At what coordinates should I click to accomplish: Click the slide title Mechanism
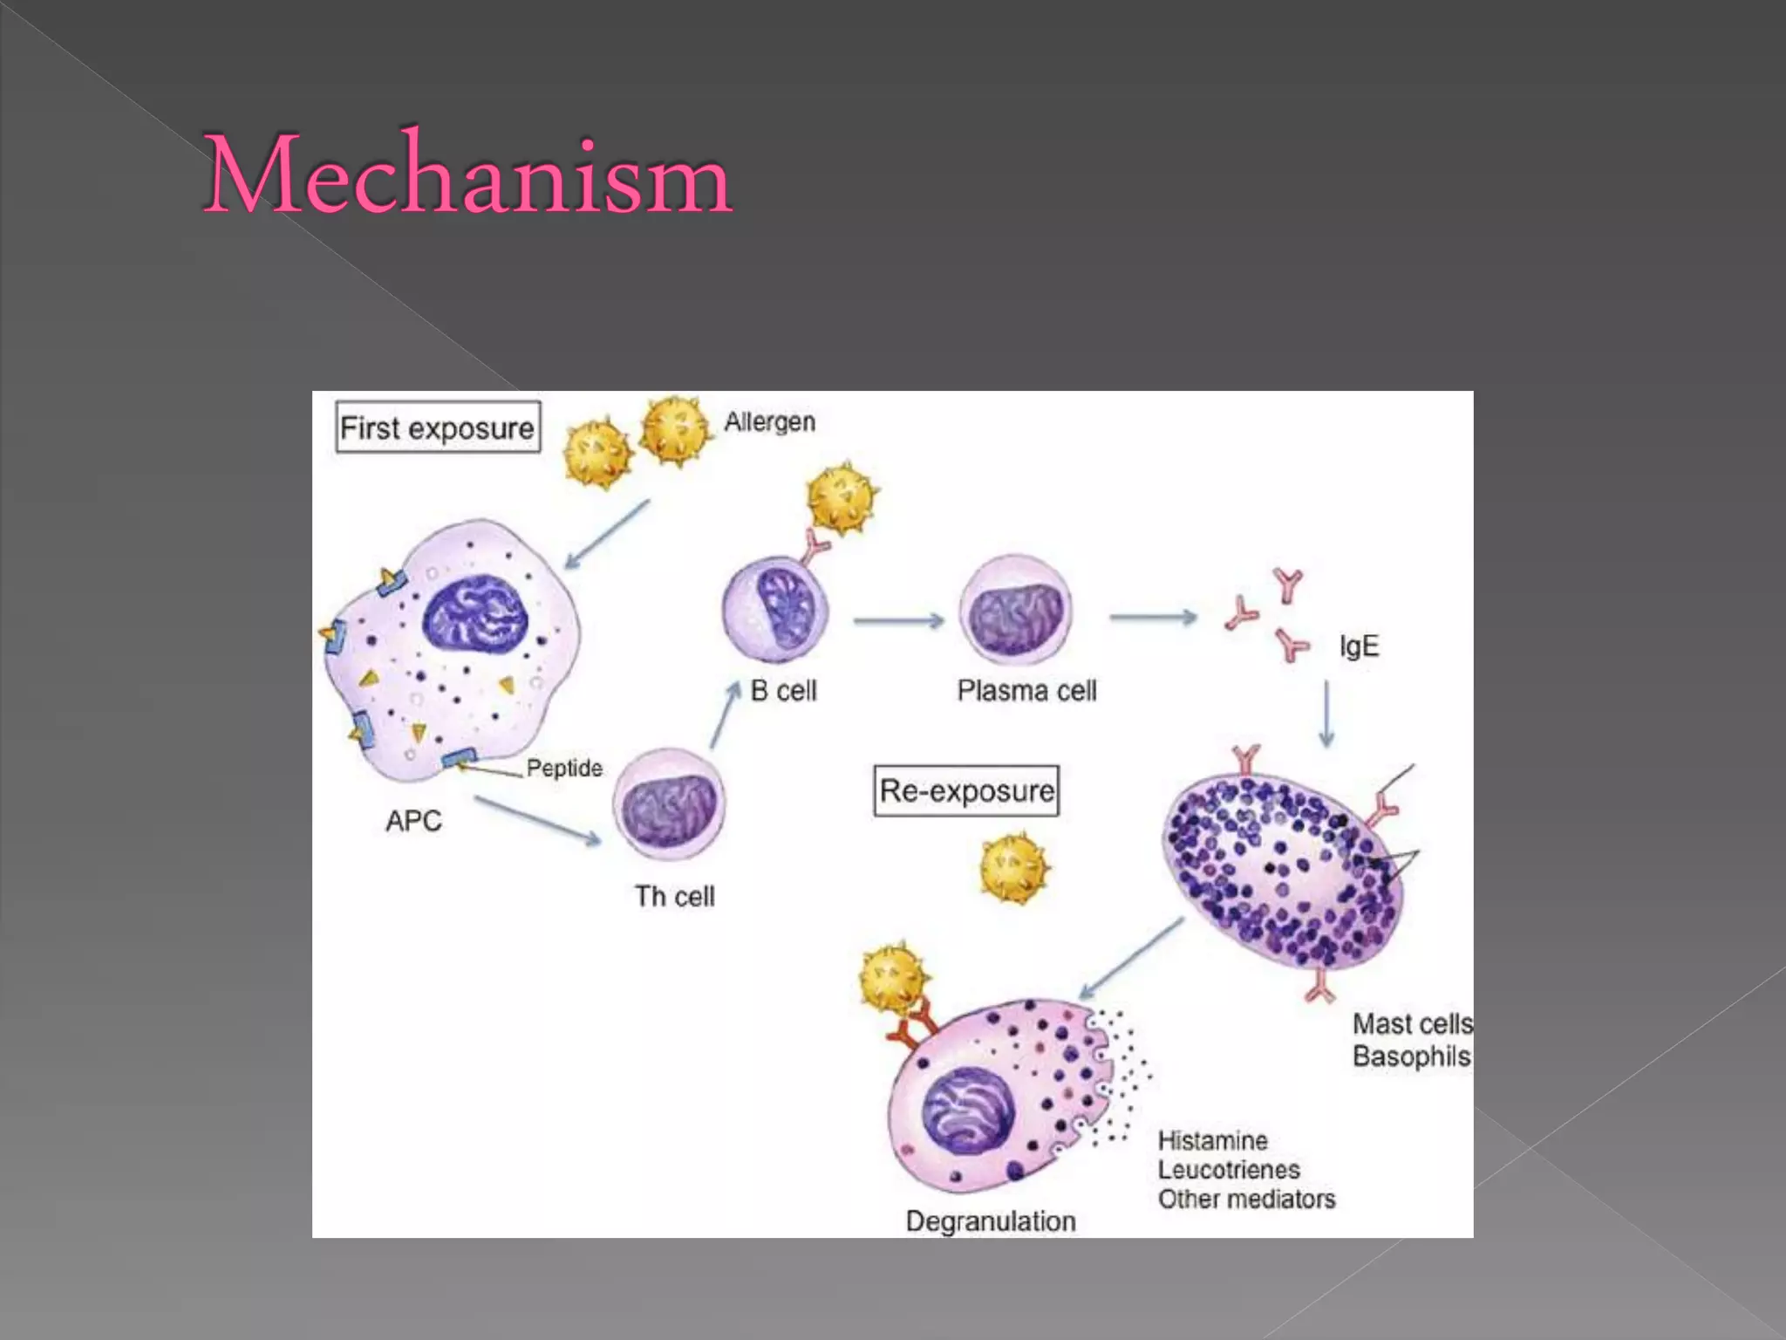click(467, 174)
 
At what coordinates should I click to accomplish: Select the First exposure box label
click(438, 427)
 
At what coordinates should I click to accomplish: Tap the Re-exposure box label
click(966, 790)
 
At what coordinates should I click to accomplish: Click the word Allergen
click(770, 422)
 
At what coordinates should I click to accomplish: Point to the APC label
click(413, 821)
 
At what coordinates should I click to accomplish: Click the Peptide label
click(564, 768)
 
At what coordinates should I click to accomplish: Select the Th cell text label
click(674, 896)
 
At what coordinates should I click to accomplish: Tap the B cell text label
click(783, 691)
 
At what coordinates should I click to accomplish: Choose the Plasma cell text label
click(1026, 691)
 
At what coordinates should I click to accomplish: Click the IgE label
click(1359, 646)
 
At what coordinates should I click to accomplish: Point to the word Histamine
click(1212, 1140)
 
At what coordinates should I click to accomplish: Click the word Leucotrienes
click(1229, 1170)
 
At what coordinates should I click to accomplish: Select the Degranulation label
click(991, 1221)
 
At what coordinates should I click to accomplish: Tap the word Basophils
click(1411, 1056)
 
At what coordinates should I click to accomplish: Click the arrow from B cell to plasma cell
click(898, 621)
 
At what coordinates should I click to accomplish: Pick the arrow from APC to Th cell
click(537, 821)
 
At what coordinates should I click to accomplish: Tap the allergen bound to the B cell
click(842, 498)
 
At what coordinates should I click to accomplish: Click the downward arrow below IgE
click(1326, 714)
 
